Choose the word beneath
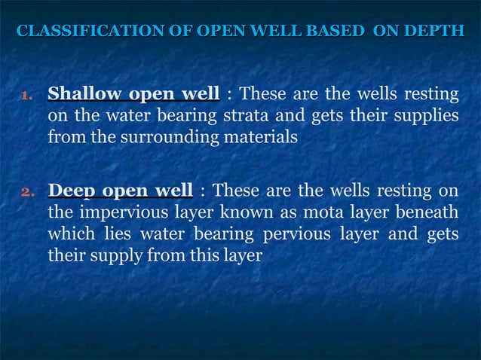[429, 212]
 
